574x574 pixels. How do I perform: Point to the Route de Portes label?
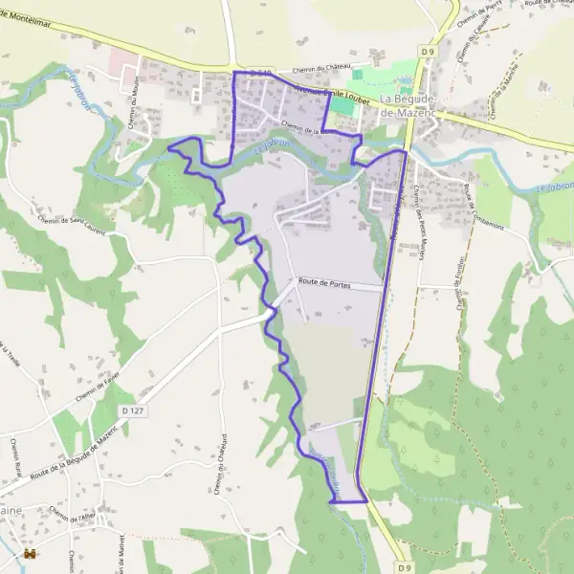325,283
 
